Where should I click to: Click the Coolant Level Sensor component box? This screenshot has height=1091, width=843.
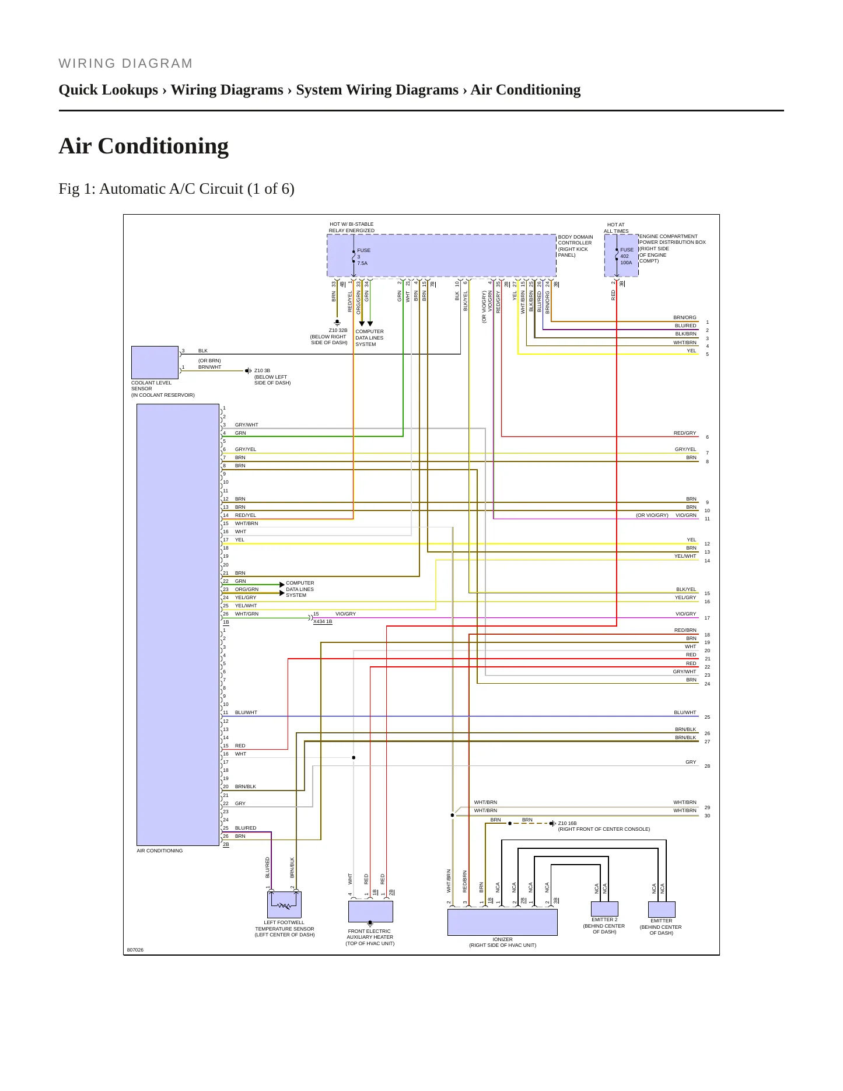pyautogui.click(x=155, y=362)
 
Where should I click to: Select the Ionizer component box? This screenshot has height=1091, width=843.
pyautogui.click(x=502, y=922)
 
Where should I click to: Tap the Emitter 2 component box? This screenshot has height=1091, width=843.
pyautogui.click(x=604, y=909)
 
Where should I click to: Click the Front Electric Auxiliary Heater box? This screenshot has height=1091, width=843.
pyautogui.click(x=370, y=911)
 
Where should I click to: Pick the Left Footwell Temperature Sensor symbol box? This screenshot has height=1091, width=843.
pyautogui.click(x=284, y=905)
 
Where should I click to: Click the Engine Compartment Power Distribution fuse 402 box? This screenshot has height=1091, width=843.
pyautogui.click(x=621, y=256)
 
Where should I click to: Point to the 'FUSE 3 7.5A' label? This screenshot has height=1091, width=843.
pyautogui.click(x=363, y=257)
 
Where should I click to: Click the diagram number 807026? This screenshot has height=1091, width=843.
pyautogui.click(x=135, y=950)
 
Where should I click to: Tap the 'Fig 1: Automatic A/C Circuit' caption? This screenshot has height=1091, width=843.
pyautogui.click(x=176, y=189)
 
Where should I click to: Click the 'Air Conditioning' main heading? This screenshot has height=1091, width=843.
pyautogui.click(x=144, y=146)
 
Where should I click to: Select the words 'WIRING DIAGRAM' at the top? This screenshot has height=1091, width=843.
pyautogui.click(x=125, y=64)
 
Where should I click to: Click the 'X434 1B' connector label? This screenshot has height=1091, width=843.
pyautogui.click(x=323, y=622)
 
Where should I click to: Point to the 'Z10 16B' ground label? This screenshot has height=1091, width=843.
pyautogui.click(x=567, y=823)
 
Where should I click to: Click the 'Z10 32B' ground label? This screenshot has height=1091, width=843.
pyautogui.click(x=338, y=330)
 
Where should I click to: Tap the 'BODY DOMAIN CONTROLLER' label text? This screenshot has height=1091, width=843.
pyautogui.click(x=575, y=240)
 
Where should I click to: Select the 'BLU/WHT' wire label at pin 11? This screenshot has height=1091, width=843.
pyautogui.click(x=246, y=712)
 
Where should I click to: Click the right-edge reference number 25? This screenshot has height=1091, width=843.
pyautogui.click(x=707, y=717)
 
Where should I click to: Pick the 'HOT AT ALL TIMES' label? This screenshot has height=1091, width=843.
pyautogui.click(x=616, y=228)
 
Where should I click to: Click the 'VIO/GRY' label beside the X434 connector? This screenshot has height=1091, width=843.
pyautogui.click(x=345, y=614)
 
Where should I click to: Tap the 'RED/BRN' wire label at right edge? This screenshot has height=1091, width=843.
pyautogui.click(x=685, y=630)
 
